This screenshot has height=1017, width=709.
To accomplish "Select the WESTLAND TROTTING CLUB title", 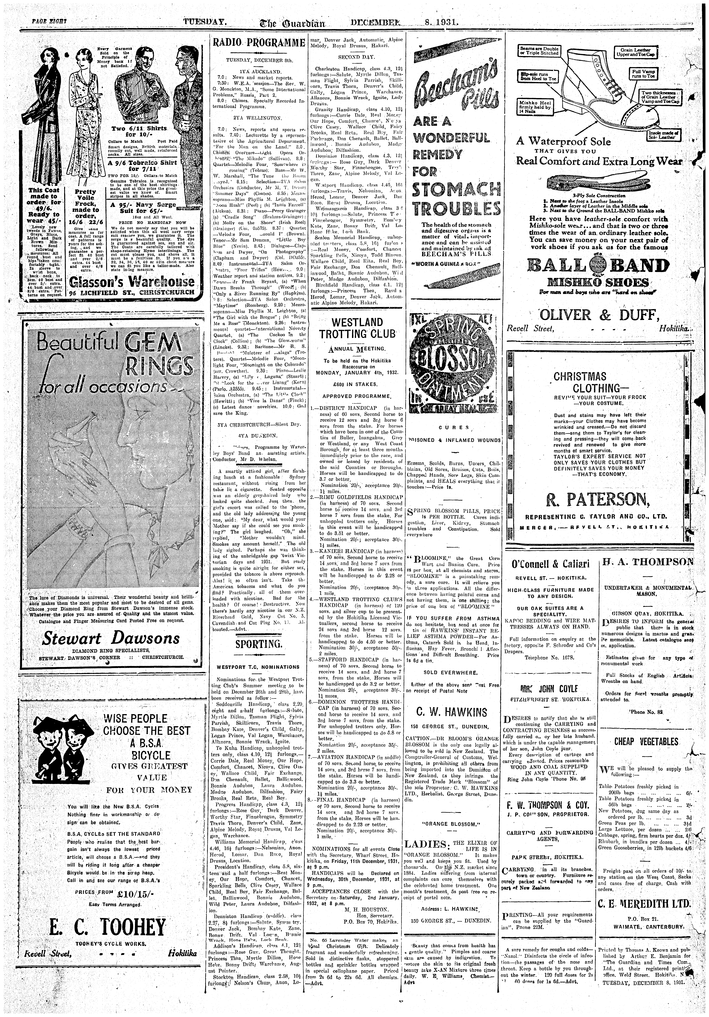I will pos(357,328).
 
